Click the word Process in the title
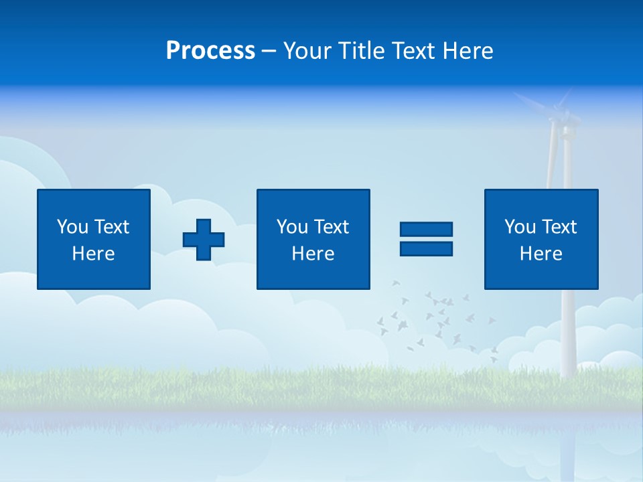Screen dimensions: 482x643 coord(210,51)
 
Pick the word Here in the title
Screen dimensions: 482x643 coord(469,51)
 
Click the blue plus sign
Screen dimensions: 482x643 coord(204,240)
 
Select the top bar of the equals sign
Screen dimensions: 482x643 coord(426,230)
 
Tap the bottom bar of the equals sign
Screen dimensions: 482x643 coord(426,248)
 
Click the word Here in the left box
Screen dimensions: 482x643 coord(93,254)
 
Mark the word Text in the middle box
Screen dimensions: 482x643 coord(332,227)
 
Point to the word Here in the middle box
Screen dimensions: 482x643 coord(313,254)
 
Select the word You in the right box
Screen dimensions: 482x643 coord(520,227)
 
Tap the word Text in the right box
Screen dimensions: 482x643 coord(559,227)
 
